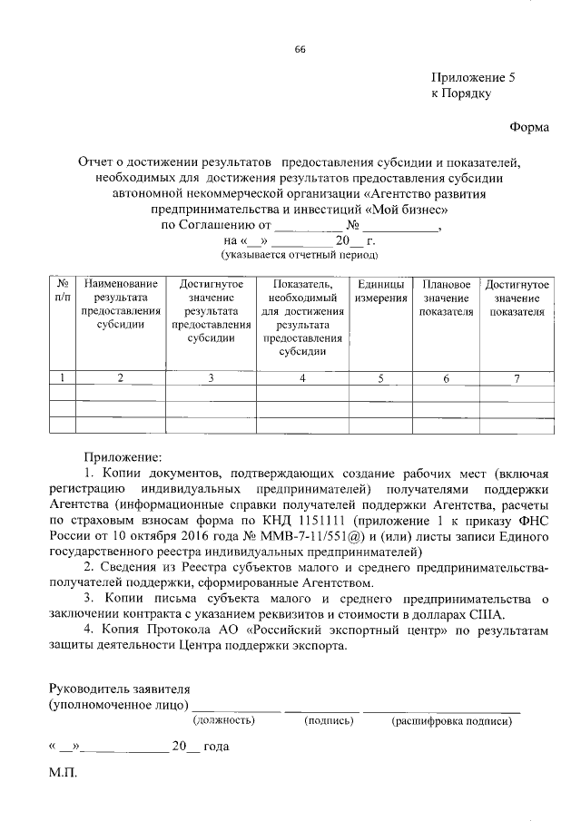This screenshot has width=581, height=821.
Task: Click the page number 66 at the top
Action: [x=299, y=49]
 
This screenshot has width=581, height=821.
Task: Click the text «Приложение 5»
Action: [x=472, y=78]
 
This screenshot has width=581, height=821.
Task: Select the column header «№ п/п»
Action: [x=63, y=291]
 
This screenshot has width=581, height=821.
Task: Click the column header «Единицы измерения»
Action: [x=380, y=291]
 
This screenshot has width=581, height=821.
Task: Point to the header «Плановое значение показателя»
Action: [x=446, y=298]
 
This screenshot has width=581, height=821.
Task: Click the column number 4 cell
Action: [x=302, y=378]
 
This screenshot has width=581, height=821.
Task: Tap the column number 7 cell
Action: [x=516, y=378]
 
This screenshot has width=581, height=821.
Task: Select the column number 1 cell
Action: [x=63, y=378]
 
